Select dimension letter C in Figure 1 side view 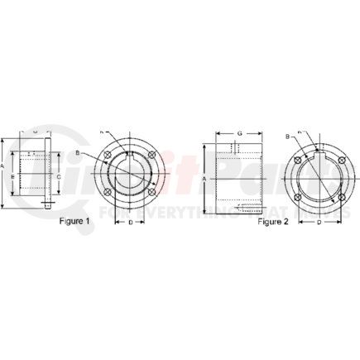pos(59,176)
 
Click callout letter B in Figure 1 pos(100,152)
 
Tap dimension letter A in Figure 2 pos(204,177)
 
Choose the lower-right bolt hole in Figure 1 pos(151,194)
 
